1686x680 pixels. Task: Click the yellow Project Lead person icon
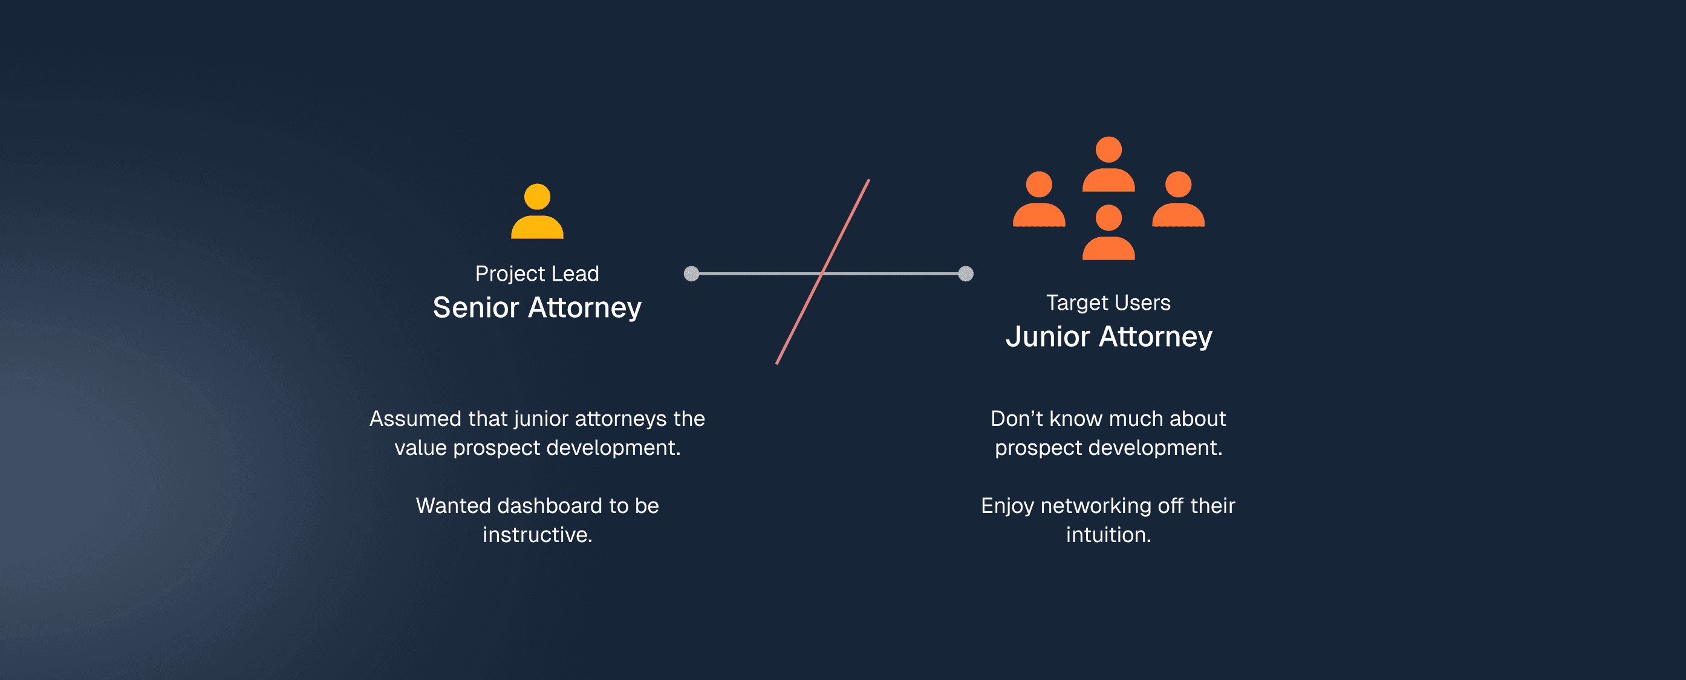(x=536, y=211)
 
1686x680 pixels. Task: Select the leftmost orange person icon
(x=1039, y=199)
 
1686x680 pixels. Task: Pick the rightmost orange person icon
(x=1178, y=199)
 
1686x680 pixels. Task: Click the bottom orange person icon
(x=1108, y=232)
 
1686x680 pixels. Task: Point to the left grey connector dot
(x=691, y=273)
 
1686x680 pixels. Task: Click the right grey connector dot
(x=965, y=273)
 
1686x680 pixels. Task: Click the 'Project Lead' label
(x=536, y=273)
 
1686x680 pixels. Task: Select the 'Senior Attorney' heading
(x=536, y=307)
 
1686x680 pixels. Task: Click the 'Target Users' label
(x=1108, y=302)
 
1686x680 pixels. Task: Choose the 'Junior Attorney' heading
(x=1108, y=336)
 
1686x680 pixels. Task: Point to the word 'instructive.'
(x=536, y=535)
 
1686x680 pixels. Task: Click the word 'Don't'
(x=1017, y=418)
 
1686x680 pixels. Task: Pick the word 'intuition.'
(x=1108, y=535)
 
